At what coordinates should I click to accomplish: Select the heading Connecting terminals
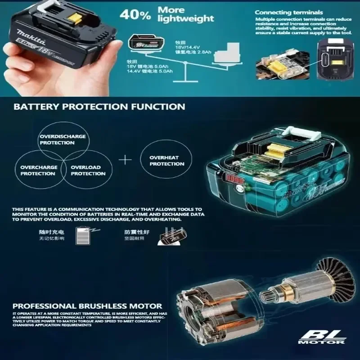[x=288, y=13]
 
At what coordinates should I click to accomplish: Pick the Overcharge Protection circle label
[x=38, y=170]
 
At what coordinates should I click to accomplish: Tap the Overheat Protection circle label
[x=167, y=161]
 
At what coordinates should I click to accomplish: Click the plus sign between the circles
[x=127, y=160]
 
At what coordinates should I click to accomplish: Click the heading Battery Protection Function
[x=99, y=107]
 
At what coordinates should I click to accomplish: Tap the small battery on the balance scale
[x=145, y=44]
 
